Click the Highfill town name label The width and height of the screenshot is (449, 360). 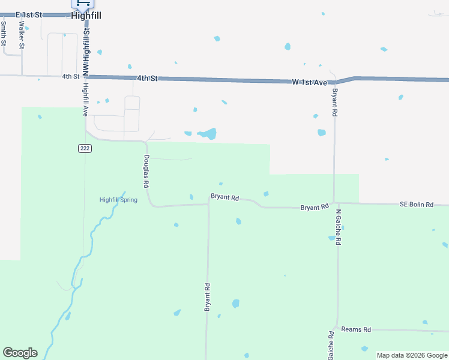click(86, 16)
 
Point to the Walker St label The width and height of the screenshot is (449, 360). click(22, 35)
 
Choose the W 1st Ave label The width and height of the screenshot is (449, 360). click(309, 81)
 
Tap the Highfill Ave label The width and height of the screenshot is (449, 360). click(86, 100)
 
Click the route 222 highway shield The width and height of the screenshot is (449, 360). click(85, 148)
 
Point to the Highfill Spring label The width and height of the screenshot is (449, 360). click(118, 200)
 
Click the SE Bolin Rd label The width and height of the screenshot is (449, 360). click(416, 205)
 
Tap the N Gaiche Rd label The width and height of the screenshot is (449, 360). click(338, 227)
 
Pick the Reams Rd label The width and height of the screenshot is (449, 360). click(356, 329)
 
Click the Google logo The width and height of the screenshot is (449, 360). click(20, 353)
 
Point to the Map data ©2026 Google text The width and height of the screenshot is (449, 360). click(412, 355)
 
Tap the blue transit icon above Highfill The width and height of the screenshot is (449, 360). click(82, 3)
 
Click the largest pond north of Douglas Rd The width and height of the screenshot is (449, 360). click(208, 133)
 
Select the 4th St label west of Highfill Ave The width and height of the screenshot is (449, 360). click(70, 76)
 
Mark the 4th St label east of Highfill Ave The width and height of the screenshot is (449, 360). click(146, 78)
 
